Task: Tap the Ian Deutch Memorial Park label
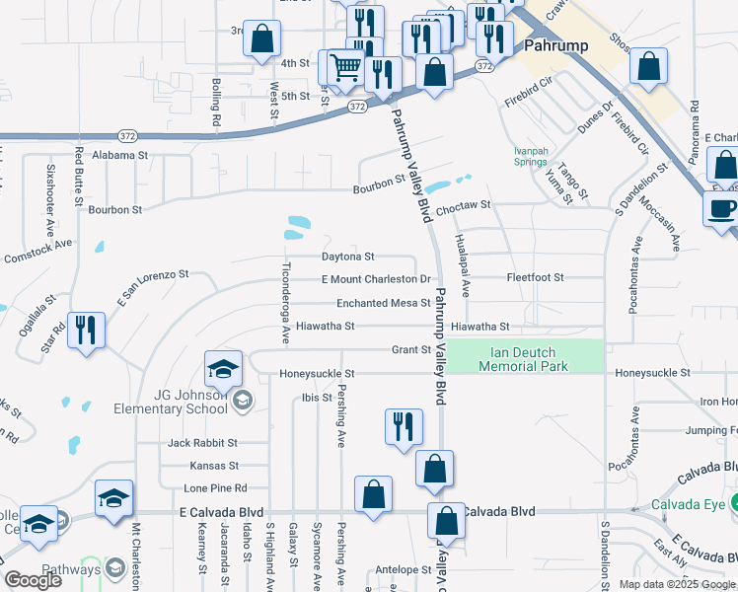tap(530, 359)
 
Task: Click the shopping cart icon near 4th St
tap(345, 67)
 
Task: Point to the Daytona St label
tap(348, 257)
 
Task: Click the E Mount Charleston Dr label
tap(376, 279)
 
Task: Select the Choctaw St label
tap(463, 205)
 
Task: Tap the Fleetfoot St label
tap(535, 278)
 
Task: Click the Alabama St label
tap(118, 155)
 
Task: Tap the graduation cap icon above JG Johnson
tap(223, 369)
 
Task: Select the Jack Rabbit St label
tap(202, 443)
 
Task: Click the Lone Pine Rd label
tap(214, 488)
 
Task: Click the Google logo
tap(34, 580)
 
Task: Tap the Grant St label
tap(411, 349)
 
